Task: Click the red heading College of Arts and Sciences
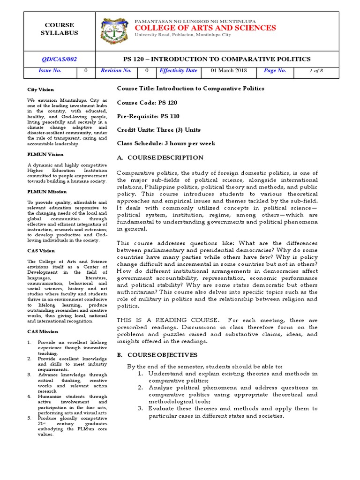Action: [205, 28]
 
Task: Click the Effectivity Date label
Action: [178, 71]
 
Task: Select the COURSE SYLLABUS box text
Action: [59, 29]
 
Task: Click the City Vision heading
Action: [40, 90]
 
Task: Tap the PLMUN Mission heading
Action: [47, 191]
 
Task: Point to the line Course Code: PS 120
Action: [147, 102]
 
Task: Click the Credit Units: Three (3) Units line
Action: [158, 130]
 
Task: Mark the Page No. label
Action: [275, 71]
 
